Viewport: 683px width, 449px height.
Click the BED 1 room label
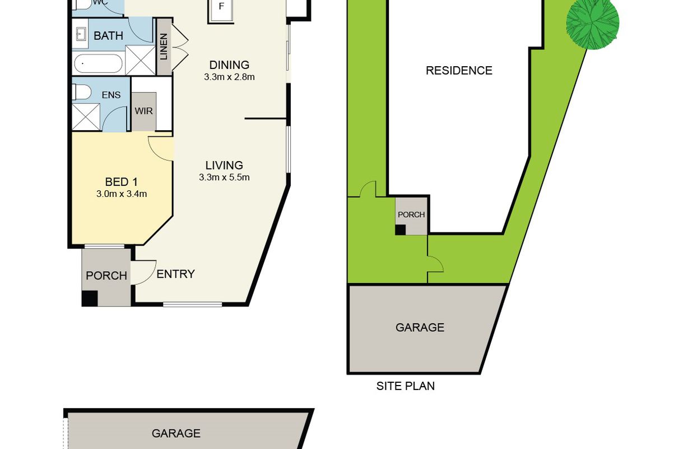coord(121,182)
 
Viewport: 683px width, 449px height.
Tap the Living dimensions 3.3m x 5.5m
coord(224,177)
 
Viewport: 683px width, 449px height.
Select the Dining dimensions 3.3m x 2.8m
coord(229,77)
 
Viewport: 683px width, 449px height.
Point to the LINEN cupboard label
coord(164,47)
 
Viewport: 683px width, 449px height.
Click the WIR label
coord(143,111)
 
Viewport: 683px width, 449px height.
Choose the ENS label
coord(111,95)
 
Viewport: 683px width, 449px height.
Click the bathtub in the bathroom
coord(99,64)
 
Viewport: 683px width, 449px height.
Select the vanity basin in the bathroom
coord(80,34)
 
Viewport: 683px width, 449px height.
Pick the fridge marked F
coord(221,11)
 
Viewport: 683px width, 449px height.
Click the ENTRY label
coord(175,274)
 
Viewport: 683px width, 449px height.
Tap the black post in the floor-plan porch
coord(90,298)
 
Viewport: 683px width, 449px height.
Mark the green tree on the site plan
coord(592,23)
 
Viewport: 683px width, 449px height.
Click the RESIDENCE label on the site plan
coord(459,71)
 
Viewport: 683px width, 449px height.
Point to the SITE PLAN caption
coord(405,386)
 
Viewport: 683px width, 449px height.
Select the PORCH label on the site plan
coord(411,215)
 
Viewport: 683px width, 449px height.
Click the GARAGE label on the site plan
coord(420,327)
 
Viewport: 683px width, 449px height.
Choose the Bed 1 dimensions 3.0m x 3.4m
coord(122,194)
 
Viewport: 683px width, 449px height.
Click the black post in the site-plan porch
coord(401,230)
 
